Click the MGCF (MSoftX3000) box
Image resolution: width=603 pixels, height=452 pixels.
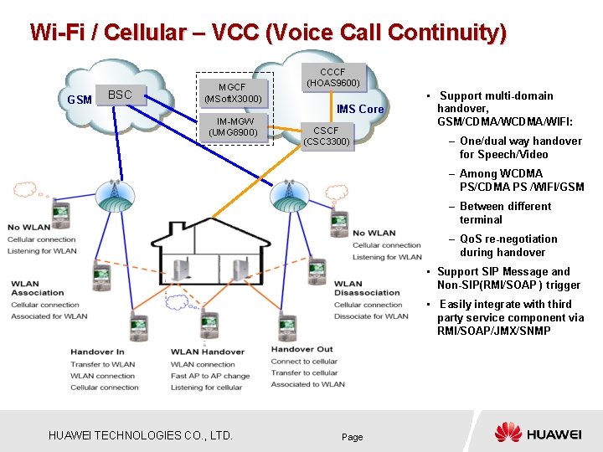(x=234, y=93)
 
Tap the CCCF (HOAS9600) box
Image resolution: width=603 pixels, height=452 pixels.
(x=332, y=77)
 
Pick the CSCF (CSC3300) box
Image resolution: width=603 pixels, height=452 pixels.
(x=326, y=136)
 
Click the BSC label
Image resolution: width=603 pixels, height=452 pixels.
(x=120, y=95)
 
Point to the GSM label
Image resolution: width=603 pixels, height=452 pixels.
(x=80, y=100)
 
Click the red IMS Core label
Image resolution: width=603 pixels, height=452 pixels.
(x=360, y=110)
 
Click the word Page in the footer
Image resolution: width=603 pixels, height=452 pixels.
(x=353, y=437)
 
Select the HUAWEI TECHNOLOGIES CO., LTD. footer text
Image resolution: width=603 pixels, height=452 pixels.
(x=140, y=435)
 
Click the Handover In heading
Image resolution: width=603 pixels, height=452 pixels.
(x=97, y=352)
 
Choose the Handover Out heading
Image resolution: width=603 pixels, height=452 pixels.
(x=301, y=349)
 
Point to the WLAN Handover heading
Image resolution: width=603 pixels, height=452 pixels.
(x=208, y=352)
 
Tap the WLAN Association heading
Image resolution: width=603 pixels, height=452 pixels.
(x=37, y=288)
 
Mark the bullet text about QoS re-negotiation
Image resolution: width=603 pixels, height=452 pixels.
(x=508, y=245)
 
